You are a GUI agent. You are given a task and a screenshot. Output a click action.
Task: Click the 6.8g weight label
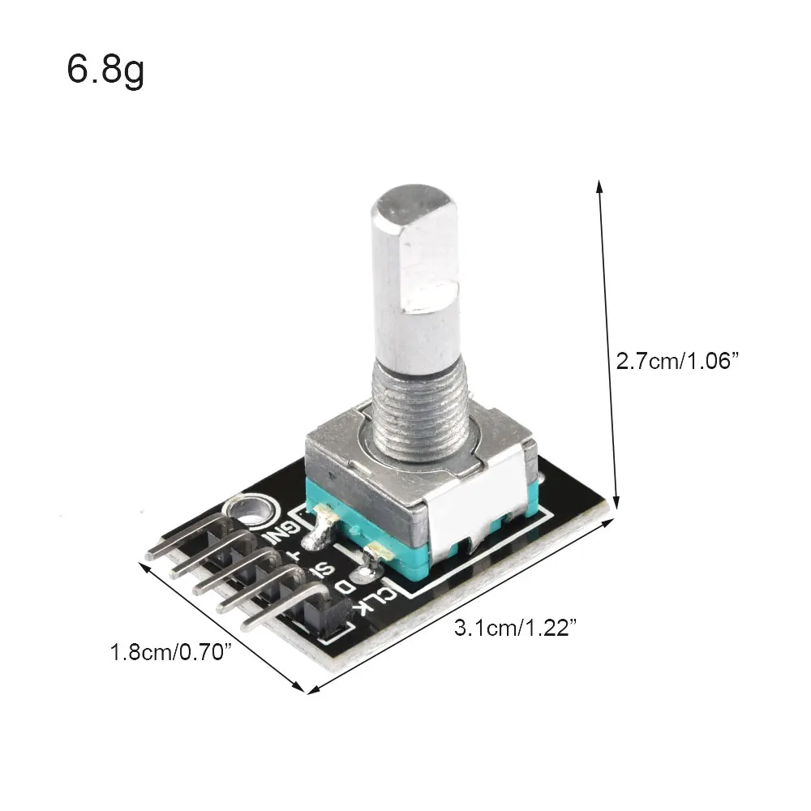tap(105, 71)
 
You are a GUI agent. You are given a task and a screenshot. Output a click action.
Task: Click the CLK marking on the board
tap(378, 600)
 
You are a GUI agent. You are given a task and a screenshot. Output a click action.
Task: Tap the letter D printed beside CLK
tap(346, 586)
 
